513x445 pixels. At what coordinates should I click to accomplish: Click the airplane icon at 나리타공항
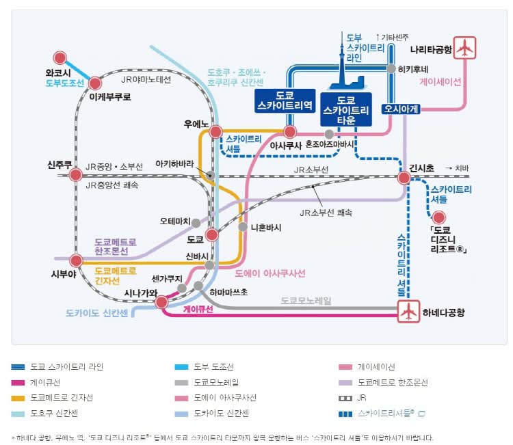(x=464, y=49)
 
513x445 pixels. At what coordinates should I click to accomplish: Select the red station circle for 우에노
(x=216, y=132)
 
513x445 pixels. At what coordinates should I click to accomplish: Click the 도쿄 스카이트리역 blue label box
(x=284, y=100)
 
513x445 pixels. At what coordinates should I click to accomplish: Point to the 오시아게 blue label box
(x=401, y=107)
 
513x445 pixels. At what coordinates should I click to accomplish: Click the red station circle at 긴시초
(x=404, y=178)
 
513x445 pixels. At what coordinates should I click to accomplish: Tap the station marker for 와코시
(x=60, y=59)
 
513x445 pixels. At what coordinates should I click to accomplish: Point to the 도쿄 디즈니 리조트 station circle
(x=438, y=217)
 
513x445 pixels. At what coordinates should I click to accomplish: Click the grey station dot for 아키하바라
(x=211, y=176)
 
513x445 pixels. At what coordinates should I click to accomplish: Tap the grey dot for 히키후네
(x=391, y=68)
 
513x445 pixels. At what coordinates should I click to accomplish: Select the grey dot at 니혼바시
(x=242, y=227)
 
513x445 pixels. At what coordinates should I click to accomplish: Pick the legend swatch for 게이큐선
(x=19, y=383)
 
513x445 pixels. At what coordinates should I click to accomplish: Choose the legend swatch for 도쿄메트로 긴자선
(x=19, y=398)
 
